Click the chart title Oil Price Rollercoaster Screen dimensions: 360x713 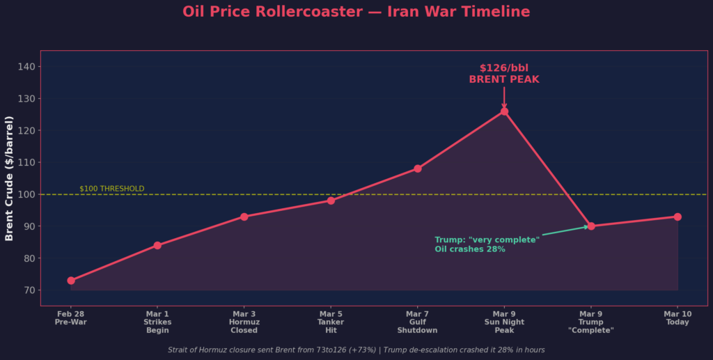356,12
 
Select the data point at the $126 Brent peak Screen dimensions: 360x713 504,111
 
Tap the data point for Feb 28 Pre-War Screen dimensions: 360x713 71,281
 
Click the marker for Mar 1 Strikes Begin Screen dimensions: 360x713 157,245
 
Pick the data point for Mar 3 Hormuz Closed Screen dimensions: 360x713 244,217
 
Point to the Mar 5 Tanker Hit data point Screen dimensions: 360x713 331,201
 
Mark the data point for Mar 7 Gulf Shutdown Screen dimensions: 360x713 418,169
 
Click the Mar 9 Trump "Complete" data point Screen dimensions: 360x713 591,226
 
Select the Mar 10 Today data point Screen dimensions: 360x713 677,217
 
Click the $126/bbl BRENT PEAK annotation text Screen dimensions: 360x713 504,74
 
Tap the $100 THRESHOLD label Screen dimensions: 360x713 112,189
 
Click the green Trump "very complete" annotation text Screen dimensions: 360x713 487,244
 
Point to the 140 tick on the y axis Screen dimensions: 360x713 31,67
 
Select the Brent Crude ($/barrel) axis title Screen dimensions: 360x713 10,178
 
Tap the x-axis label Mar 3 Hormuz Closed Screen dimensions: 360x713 244,322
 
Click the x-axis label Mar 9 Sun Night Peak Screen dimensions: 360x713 504,322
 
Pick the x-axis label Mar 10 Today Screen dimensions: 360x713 677,318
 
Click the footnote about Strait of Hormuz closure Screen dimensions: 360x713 356,350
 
